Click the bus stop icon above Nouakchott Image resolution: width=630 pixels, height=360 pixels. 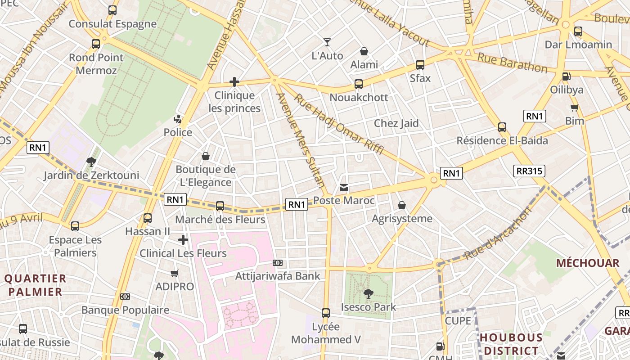pyautogui.click(x=359, y=84)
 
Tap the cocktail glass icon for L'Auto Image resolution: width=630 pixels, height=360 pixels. pyautogui.click(x=327, y=42)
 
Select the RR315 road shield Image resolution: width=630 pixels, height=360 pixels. pyautogui.click(x=529, y=171)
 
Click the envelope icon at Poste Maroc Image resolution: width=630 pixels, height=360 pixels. pyautogui.click(x=344, y=188)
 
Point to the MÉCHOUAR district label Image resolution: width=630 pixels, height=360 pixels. pyautogui.click(x=588, y=263)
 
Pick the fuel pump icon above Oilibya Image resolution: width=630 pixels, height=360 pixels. pyautogui.click(x=567, y=76)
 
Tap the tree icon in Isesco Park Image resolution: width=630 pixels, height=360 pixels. pyautogui.click(x=369, y=294)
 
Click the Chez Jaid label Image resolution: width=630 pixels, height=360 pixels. pyautogui.click(x=396, y=123)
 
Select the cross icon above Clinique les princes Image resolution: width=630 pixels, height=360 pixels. pyautogui.click(x=234, y=82)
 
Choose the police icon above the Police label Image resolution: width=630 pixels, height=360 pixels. pyautogui.click(x=178, y=119)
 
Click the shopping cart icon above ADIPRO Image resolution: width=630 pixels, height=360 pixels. pyautogui.click(x=175, y=274)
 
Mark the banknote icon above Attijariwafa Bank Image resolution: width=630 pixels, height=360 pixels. pyautogui.click(x=278, y=263)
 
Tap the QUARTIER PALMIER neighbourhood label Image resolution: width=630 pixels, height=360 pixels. pyautogui.click(x=35, y=285)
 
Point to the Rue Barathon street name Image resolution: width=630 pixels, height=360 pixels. pyautogui.click(x=512, y=63)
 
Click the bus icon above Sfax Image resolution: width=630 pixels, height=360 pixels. pyautogui.click(x=420, y=65)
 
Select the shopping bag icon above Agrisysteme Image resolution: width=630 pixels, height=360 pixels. pyautogui.click(x=402, y=206)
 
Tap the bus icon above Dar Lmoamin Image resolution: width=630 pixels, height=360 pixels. pyautogui.click(x=578, y=31)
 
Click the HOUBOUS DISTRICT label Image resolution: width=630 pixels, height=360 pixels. pyautogui.click(x=511, y=344)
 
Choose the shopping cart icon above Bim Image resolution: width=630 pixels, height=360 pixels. pyautogui.click(x=574, y=108)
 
